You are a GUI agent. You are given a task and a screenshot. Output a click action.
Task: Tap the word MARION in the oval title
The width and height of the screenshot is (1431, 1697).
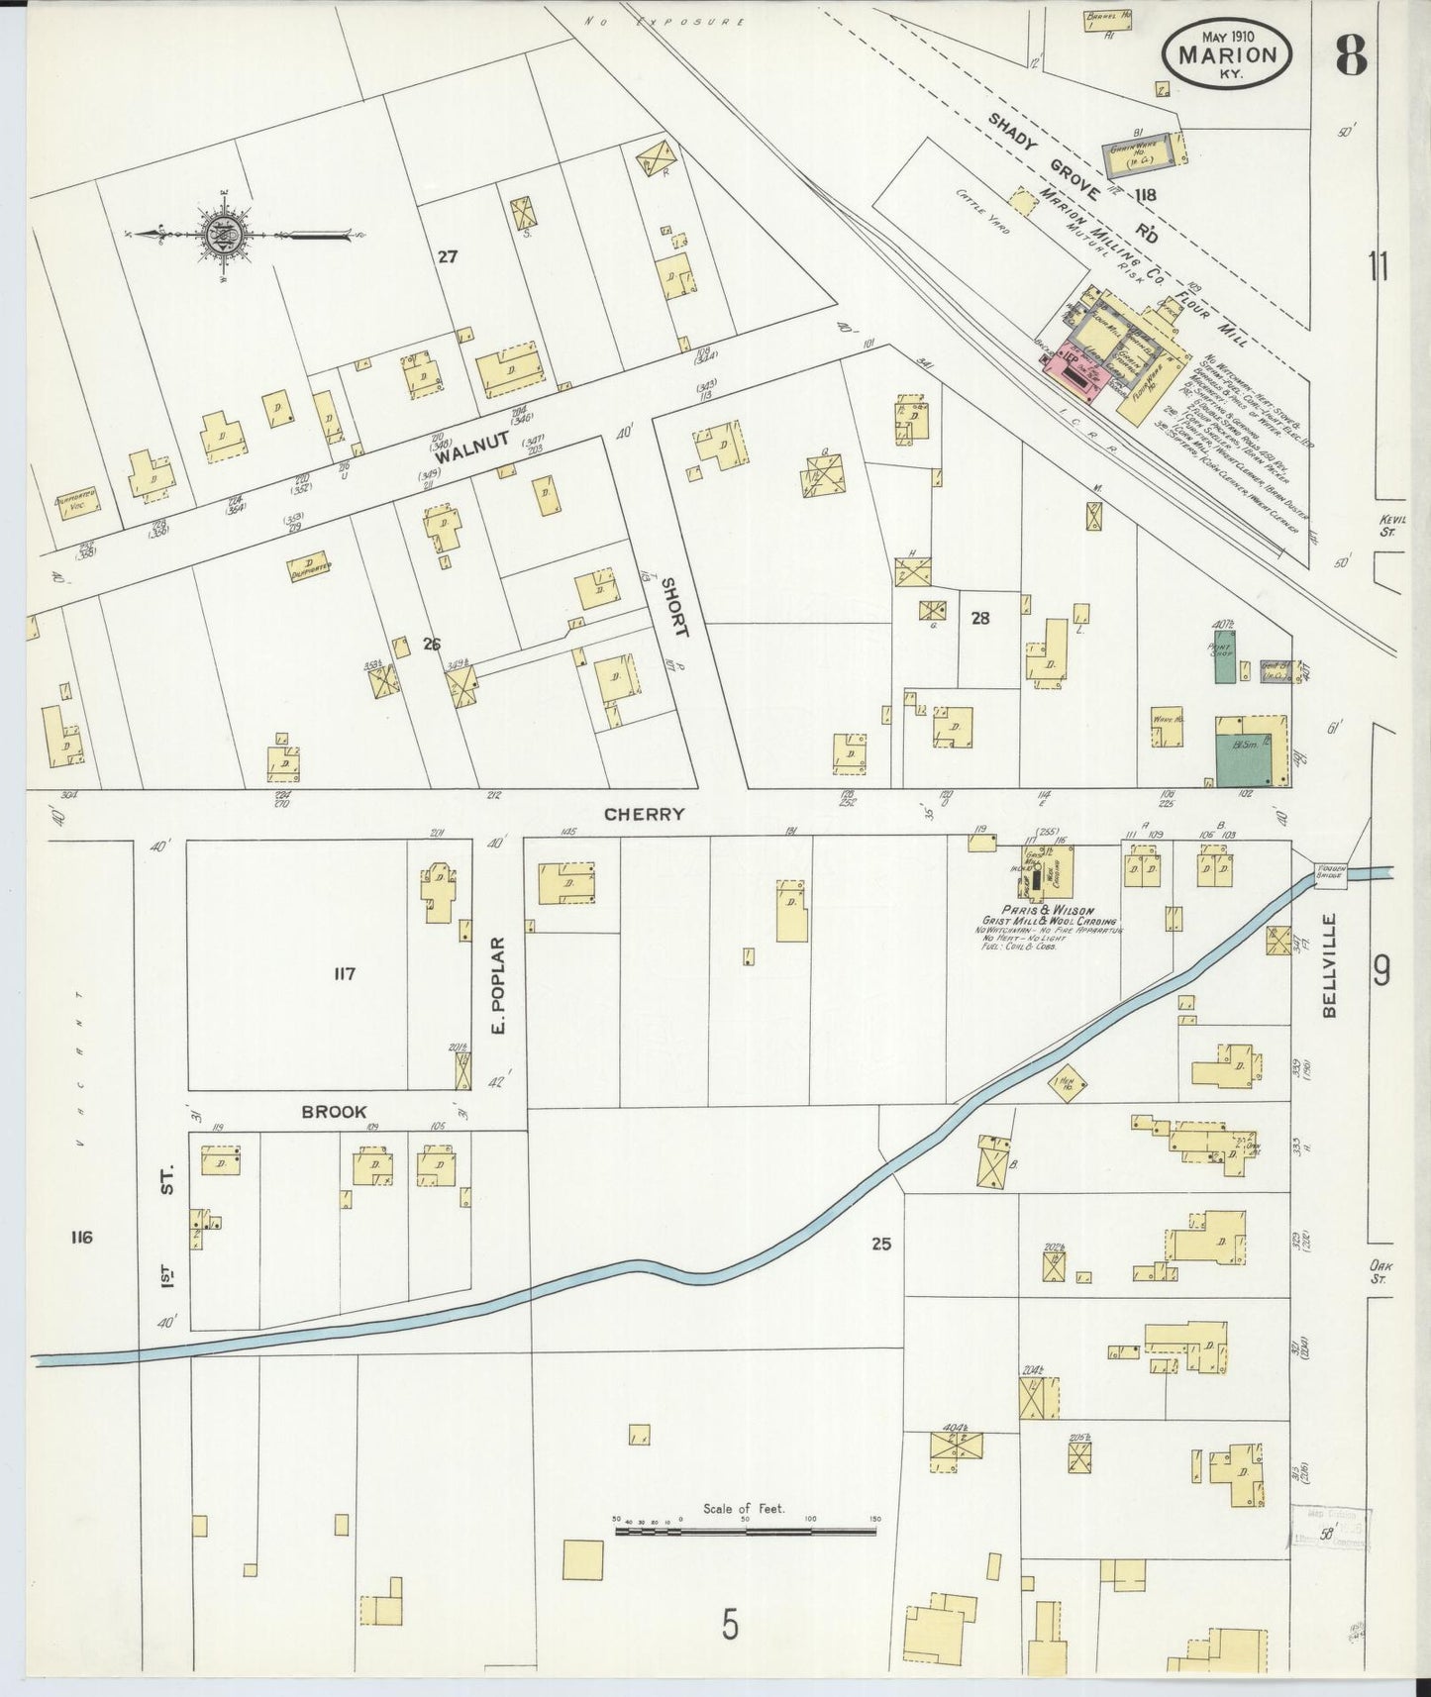point(1228,55)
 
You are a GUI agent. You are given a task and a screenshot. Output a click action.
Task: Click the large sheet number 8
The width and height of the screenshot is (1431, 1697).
point(1351,56)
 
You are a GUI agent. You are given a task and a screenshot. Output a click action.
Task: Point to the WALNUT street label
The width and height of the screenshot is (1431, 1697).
point(471,447)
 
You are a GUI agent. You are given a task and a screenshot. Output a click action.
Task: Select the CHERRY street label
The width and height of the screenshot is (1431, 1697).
point(644,814)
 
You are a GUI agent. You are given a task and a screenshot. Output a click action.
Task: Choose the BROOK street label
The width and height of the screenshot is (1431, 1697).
point(334,1112)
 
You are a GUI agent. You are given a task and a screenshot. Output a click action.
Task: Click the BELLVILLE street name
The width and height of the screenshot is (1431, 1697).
point(1329,964)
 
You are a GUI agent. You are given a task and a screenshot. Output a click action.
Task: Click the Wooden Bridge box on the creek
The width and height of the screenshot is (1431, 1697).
point(1328,871)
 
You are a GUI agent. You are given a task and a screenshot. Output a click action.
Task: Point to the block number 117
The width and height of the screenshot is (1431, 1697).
point(344,974)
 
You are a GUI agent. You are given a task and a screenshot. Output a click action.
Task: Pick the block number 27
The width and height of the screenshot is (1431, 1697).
point(448,257)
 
